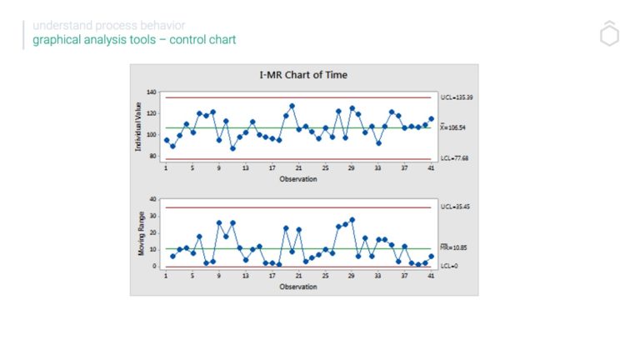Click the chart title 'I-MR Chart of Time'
click(303, 75)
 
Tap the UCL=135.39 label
click(456, 97)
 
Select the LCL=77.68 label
click(455, 158)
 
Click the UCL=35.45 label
click(454, 206)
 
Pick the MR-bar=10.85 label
click(455, 248)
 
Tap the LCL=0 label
click(449, 266)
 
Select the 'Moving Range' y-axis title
click(140, 234)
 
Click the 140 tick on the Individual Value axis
click(152, 91)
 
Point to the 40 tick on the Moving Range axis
click(153, 199)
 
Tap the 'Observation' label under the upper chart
click(297, 178)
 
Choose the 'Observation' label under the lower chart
click(297, 287)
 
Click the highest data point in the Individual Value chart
click(292, 106)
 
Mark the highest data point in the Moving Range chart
click(352, 220)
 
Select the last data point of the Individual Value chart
click(431, 119)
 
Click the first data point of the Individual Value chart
click(166, 140)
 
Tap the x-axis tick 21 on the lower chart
click(298, 277)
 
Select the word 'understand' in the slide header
click(56, 26)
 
